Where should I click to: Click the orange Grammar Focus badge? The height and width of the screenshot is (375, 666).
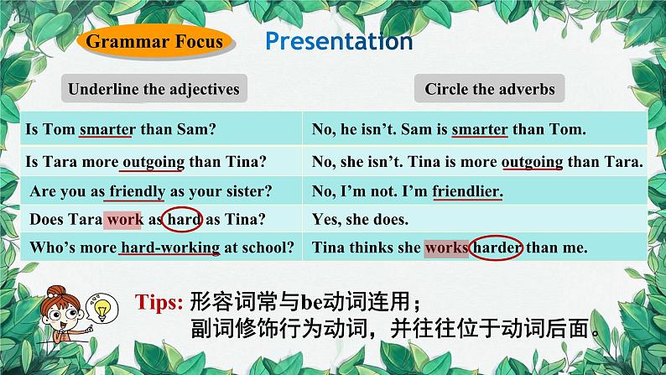click(x=154, y=41)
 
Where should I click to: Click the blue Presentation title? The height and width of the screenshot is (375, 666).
click(x=339, y=41)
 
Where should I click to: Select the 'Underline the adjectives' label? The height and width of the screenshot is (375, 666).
click(x=153, y=89)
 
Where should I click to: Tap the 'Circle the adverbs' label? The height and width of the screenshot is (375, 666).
click(x=489, y=89)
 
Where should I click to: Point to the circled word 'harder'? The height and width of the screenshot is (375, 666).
click(x=498, y=247)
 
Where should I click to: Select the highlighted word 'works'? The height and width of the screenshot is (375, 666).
click(x=445, y=247)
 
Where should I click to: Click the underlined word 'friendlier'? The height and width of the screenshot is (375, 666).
click(x=467, y=192)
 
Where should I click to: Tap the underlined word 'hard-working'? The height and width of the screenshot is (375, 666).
click(x=170, y=247)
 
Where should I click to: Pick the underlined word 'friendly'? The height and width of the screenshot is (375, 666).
click(x=136, y=192)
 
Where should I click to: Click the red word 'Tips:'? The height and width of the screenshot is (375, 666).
click(x=159, y=299)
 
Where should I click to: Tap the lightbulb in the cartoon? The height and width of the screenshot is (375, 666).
click(x=104, y=311)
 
